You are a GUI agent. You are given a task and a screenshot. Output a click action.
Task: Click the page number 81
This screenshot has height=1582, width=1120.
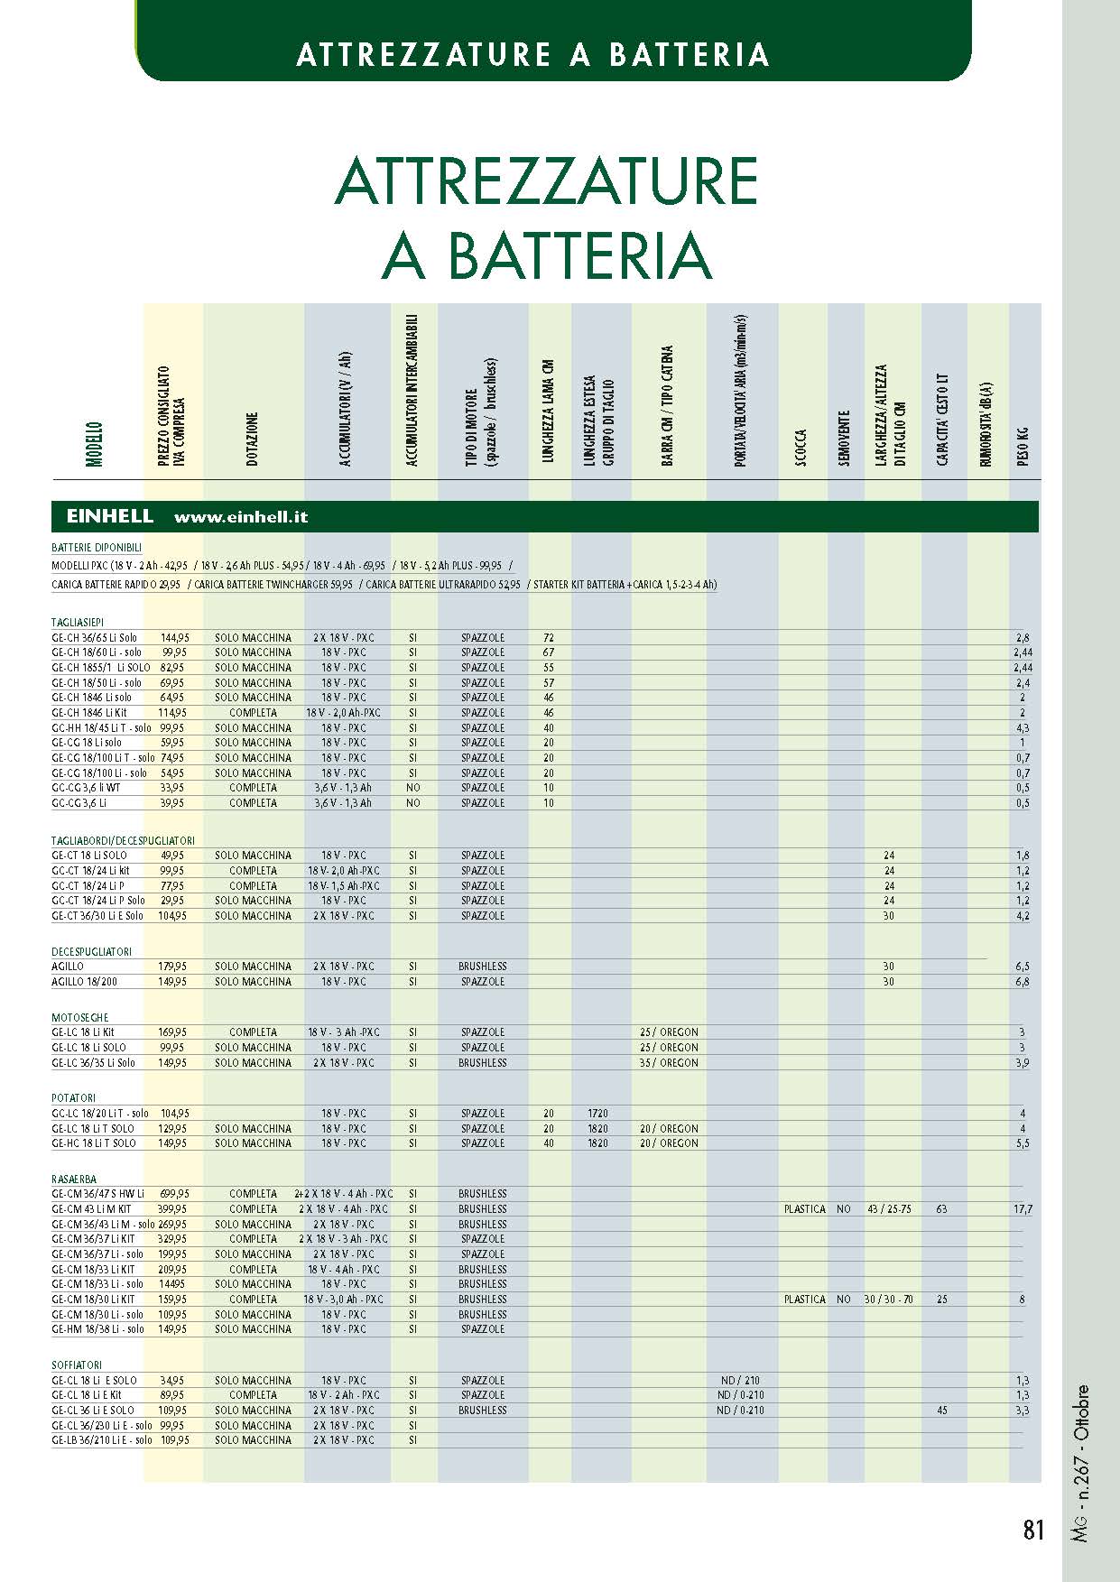(1033, 1530)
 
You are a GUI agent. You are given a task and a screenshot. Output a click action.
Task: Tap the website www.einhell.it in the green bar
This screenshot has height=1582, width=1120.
(241, 517)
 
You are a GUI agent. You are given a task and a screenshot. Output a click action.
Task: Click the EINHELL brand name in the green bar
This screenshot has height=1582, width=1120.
(110, 517)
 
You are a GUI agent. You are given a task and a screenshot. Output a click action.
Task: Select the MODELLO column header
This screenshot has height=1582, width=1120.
(94, 443)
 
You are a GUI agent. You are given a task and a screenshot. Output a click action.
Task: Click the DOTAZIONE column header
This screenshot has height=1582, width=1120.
(253, 439)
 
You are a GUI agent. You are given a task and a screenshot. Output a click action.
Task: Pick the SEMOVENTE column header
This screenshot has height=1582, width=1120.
(845, 439)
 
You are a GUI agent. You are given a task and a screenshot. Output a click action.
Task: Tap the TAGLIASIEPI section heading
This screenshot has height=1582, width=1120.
(78, 622)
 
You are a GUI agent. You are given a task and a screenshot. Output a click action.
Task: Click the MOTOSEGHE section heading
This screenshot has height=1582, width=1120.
(79, 1017)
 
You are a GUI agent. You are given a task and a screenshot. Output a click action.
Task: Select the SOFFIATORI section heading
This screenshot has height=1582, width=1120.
(77, 1365)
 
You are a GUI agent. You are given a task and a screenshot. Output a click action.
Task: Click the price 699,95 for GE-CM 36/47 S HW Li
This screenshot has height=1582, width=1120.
(173, 1194)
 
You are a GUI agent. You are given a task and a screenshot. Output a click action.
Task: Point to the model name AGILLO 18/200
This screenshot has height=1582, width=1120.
(84, 981)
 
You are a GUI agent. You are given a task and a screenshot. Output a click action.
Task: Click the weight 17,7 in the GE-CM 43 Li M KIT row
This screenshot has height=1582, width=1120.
(1022, 1209)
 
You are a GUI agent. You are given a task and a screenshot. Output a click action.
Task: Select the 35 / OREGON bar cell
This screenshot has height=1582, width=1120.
(669, 1063)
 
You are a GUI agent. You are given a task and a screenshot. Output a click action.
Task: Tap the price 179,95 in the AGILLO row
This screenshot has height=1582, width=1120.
(173, 967)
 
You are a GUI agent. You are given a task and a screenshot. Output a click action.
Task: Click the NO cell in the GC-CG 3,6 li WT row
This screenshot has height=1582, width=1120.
(412, 788)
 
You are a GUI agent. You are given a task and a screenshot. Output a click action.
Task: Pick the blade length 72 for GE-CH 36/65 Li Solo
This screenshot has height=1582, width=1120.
(549, 638)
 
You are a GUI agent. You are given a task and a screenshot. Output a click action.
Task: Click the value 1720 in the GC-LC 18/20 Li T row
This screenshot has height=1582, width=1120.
(597, 1114)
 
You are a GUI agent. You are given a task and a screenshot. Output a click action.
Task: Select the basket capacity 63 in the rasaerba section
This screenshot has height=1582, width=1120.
(941, 1209)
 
